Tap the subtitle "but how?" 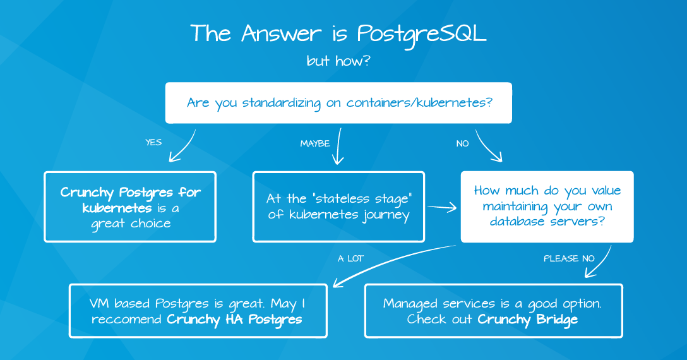[338, 61]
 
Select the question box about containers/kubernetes [338, 102]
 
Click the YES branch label [153, 142]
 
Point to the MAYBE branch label [315, 143]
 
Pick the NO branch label [462, 143]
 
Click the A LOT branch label [350, 258]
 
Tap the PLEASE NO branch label [569, 258]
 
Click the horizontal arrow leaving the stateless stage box [441, 207]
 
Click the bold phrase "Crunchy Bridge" [527, 320]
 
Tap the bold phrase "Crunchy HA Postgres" [234, 320]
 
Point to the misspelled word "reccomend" [127, 319]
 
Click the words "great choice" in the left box [131, 224]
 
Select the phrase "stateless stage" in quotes [362, 199]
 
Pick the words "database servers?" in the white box [547, 222]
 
